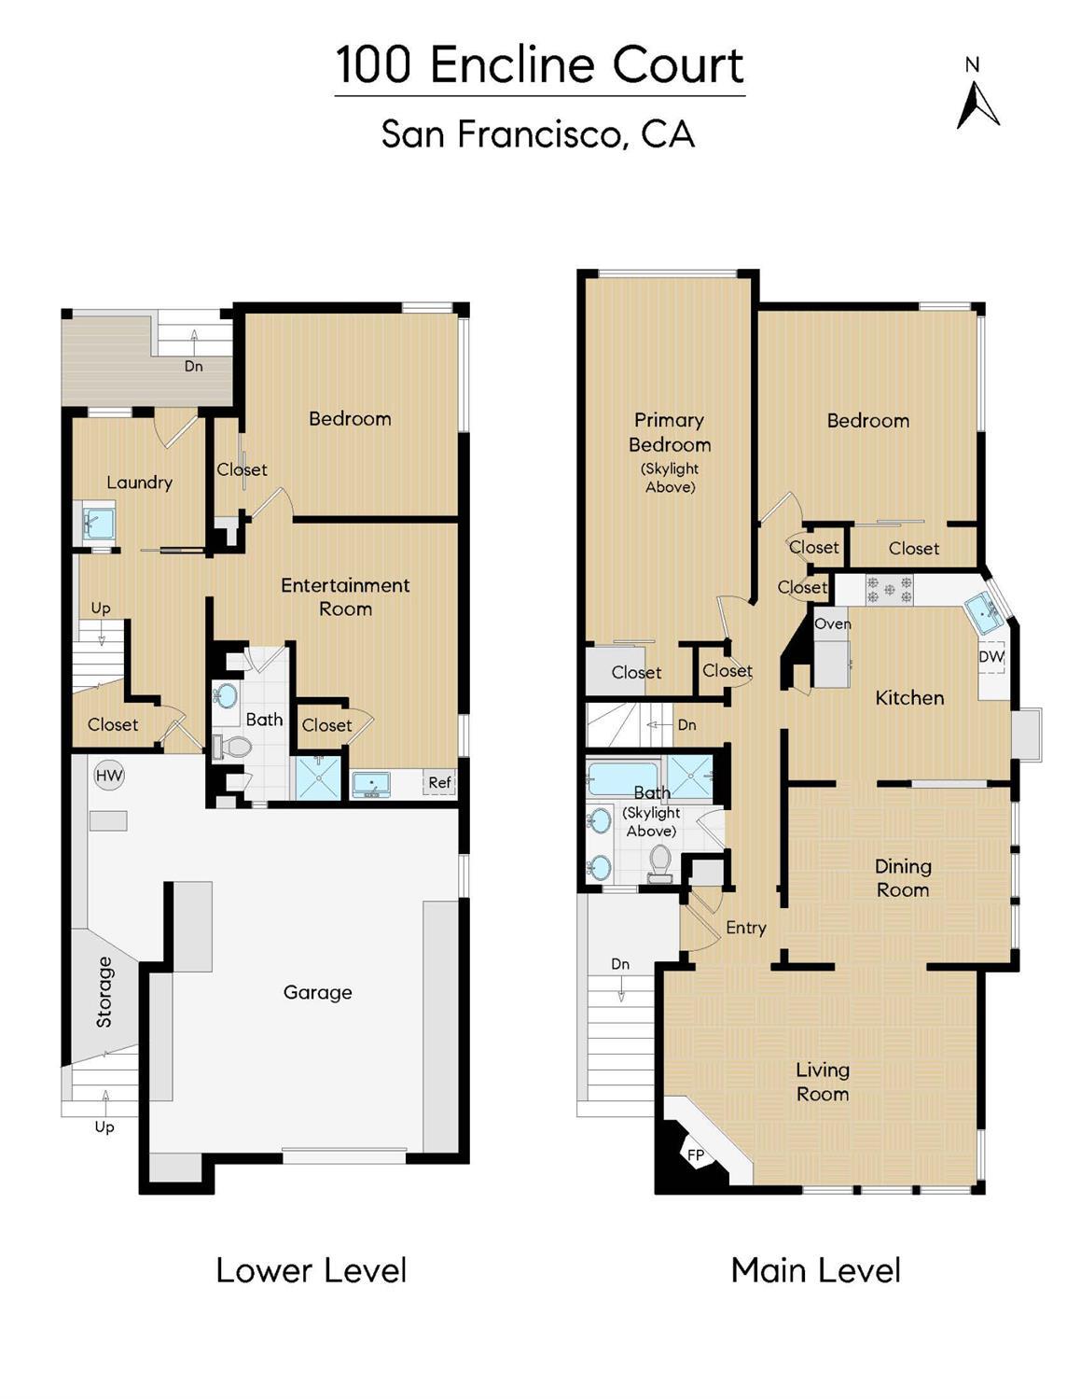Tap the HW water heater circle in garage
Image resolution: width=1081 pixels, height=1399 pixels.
point(109,776)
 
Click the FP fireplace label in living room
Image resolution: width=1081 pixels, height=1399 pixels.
point(696,1155)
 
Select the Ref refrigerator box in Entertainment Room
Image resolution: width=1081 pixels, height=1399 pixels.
point(439,783)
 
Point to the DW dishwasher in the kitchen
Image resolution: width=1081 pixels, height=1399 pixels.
point(991,657)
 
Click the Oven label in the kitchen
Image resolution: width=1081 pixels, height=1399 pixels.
point(832,623)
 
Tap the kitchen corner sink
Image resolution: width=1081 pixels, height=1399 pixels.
point(982,612)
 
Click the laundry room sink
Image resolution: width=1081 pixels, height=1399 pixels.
point(98,523)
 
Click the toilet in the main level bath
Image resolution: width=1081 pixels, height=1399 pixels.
point(659,862)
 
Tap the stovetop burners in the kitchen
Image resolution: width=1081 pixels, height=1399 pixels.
point(888,590)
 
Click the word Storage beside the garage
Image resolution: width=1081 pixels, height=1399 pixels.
point(104,991)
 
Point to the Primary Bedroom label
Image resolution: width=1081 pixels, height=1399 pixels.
point(669,433)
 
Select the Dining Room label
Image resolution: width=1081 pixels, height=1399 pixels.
point(902,878)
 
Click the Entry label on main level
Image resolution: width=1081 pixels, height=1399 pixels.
point(745,928)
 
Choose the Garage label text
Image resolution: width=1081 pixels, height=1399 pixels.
point(317,992)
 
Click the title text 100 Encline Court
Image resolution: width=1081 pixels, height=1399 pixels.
point(539,65)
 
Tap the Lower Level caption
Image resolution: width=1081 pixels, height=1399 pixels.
point(311,1270)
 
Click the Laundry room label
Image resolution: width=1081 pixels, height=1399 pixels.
point(139,483)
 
